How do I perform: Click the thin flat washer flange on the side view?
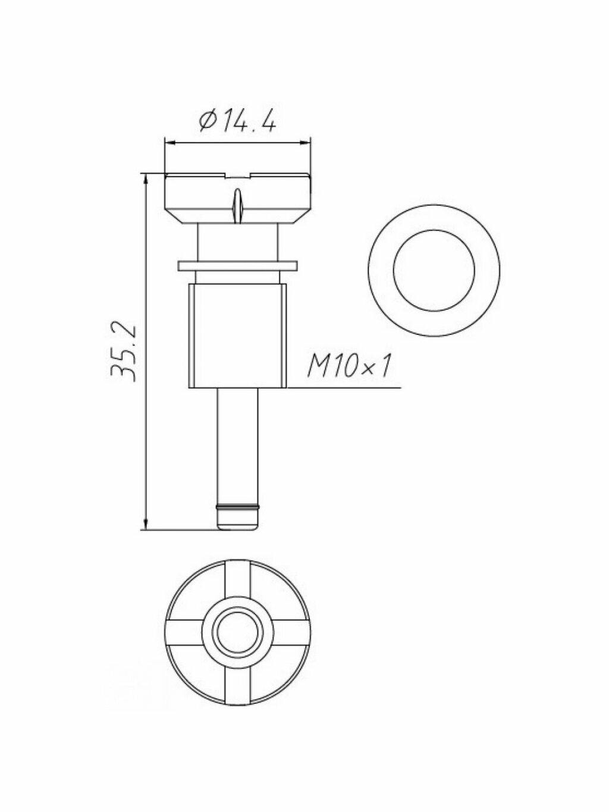coord(237,266)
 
